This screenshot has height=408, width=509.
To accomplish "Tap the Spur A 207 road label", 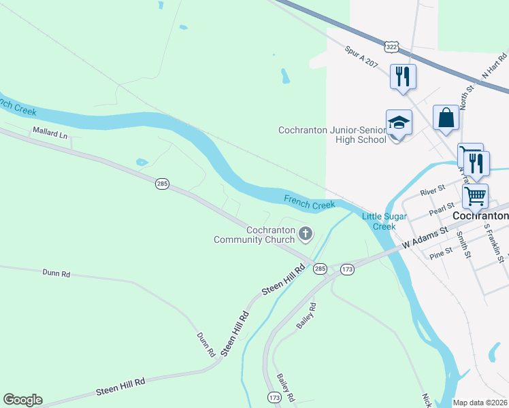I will pos(361,56).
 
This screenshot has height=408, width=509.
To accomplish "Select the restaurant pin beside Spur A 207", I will pos(401,76).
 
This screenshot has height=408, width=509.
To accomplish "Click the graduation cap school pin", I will pos(399,124).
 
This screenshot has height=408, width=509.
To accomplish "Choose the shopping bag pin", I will pos(446,118).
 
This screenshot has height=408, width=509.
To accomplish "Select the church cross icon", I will pos(306,235).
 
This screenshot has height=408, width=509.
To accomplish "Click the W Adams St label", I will pos(424,237).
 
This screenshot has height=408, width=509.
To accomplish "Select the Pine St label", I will pos(441,254).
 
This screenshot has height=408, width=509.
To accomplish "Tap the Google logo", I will pos(22,400).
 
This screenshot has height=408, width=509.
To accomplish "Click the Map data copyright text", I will pos(480,403).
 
